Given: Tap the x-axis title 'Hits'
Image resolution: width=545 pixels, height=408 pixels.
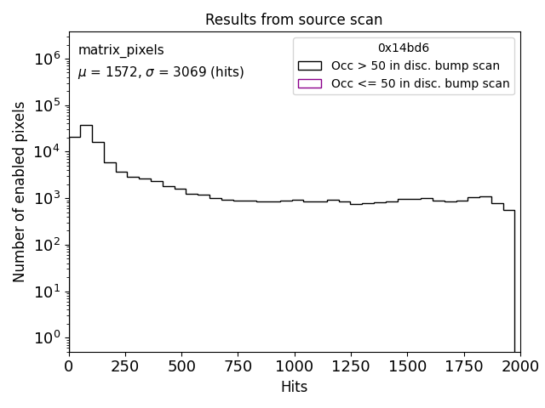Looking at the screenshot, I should (x=294, y=387).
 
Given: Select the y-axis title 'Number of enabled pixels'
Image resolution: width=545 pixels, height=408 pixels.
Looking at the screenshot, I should (x=19, y=192).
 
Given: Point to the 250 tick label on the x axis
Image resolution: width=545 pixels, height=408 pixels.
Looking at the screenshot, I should (x=125, y=365).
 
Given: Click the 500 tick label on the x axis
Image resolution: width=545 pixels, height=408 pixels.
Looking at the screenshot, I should (x=181, y=365).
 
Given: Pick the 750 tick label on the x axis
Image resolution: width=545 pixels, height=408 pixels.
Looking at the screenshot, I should (x=238, y=365).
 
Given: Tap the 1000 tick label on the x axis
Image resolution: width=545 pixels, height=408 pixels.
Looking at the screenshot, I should (x=294, y=365).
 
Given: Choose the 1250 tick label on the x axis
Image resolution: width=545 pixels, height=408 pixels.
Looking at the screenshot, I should (x=350, y=365).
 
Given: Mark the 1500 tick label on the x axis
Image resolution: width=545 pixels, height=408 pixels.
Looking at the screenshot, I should (x=407, y=365).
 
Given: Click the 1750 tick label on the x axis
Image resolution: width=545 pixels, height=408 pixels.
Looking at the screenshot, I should (x=463, y=365).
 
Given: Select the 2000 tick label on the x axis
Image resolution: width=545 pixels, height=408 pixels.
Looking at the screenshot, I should (x=519, y=365).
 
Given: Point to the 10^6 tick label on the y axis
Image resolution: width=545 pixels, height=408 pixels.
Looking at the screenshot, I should (x=47, y=58).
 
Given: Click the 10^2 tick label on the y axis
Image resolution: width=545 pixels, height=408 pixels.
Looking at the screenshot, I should (x=47, y=245).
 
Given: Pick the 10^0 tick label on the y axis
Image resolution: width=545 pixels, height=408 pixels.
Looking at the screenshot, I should (x=47, y=337).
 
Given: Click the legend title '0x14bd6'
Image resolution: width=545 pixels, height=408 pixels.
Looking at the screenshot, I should (x=404, y=48).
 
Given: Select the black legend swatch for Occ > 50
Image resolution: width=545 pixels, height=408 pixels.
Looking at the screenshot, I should (x=310, y=65).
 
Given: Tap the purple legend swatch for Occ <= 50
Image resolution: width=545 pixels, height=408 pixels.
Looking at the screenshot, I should (x=310, y=83).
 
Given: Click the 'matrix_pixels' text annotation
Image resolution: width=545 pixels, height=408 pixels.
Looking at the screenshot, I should (x=121, y=50).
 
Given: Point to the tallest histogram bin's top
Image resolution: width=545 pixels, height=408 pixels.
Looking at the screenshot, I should (x=86, y=125).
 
